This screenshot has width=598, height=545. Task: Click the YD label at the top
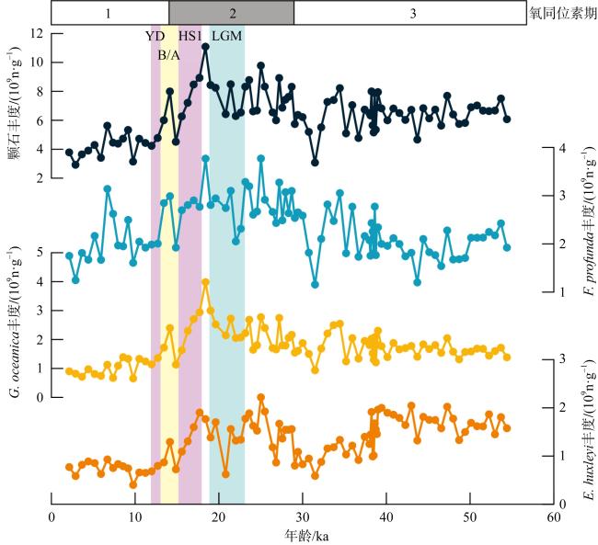155,37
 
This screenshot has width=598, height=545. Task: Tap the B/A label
168,55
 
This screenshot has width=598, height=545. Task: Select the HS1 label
190,37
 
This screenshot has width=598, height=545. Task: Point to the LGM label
227,37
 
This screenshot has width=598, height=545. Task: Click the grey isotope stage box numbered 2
232,13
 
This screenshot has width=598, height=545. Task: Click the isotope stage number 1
109,13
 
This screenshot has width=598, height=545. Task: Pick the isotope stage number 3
412,13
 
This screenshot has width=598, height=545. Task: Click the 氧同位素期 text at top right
558,13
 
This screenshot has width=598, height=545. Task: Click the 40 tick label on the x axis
385,517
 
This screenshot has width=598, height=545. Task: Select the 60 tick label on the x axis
553,517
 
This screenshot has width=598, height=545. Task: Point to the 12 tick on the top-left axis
37,33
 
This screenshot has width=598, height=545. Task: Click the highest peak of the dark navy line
205,46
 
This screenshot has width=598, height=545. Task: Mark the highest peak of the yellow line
205,282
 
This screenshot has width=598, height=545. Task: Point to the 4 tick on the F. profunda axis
547,148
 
